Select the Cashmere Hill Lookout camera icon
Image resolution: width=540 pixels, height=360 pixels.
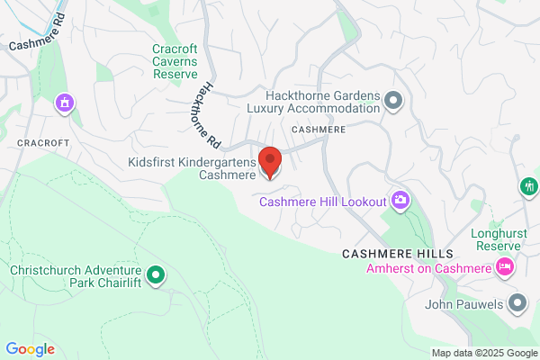(400, 200)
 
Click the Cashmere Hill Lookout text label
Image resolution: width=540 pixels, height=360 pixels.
(322, 202)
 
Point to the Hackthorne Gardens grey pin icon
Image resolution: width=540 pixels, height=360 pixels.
(392, 101)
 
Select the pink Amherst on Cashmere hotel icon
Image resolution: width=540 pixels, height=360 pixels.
(505, 267)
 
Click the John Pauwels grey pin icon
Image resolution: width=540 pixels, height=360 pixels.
(517, 303)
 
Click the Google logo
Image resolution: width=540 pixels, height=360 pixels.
(30, 349)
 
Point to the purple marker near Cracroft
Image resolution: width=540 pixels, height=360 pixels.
(64, 103)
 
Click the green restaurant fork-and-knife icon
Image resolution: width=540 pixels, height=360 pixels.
(528, 186)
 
